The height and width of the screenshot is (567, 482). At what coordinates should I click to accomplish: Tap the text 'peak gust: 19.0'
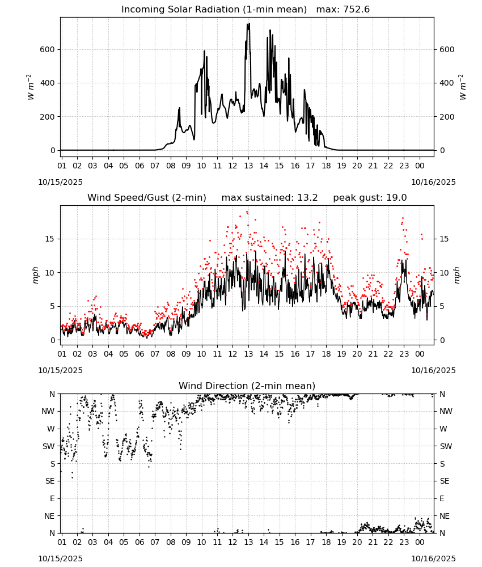[370, 198]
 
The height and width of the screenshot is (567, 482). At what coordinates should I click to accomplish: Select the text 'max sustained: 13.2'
[269, 198]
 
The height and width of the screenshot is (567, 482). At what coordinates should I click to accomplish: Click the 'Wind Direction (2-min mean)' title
[247, 386]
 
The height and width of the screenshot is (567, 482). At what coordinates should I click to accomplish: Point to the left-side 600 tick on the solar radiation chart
[48, 49]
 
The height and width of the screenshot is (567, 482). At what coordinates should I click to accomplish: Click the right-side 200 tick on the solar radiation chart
[447, 117]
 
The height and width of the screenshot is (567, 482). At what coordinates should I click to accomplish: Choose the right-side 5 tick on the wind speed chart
[442, 306]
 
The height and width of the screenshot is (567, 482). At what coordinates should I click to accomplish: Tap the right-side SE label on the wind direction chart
[445, 481]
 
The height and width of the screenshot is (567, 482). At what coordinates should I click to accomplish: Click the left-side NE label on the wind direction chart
[49, 516]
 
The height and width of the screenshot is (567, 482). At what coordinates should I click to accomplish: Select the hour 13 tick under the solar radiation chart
[248, 166]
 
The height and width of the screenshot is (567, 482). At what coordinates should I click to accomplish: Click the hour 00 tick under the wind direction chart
[420, 543]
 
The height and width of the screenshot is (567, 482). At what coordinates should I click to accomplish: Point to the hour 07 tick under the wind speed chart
[155, 354]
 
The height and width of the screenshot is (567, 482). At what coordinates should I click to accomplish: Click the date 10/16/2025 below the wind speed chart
[433, 370]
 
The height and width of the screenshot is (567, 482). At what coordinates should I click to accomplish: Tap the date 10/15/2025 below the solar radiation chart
[60, 182]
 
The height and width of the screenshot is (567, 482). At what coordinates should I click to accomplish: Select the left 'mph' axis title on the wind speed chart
[35, 275]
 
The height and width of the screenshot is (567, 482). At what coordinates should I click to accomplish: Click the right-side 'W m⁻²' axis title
[463, 87]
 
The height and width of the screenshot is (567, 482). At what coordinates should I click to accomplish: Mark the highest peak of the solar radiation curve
[249, 23]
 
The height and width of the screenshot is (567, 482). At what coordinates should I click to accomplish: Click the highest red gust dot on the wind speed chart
[247, 212]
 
